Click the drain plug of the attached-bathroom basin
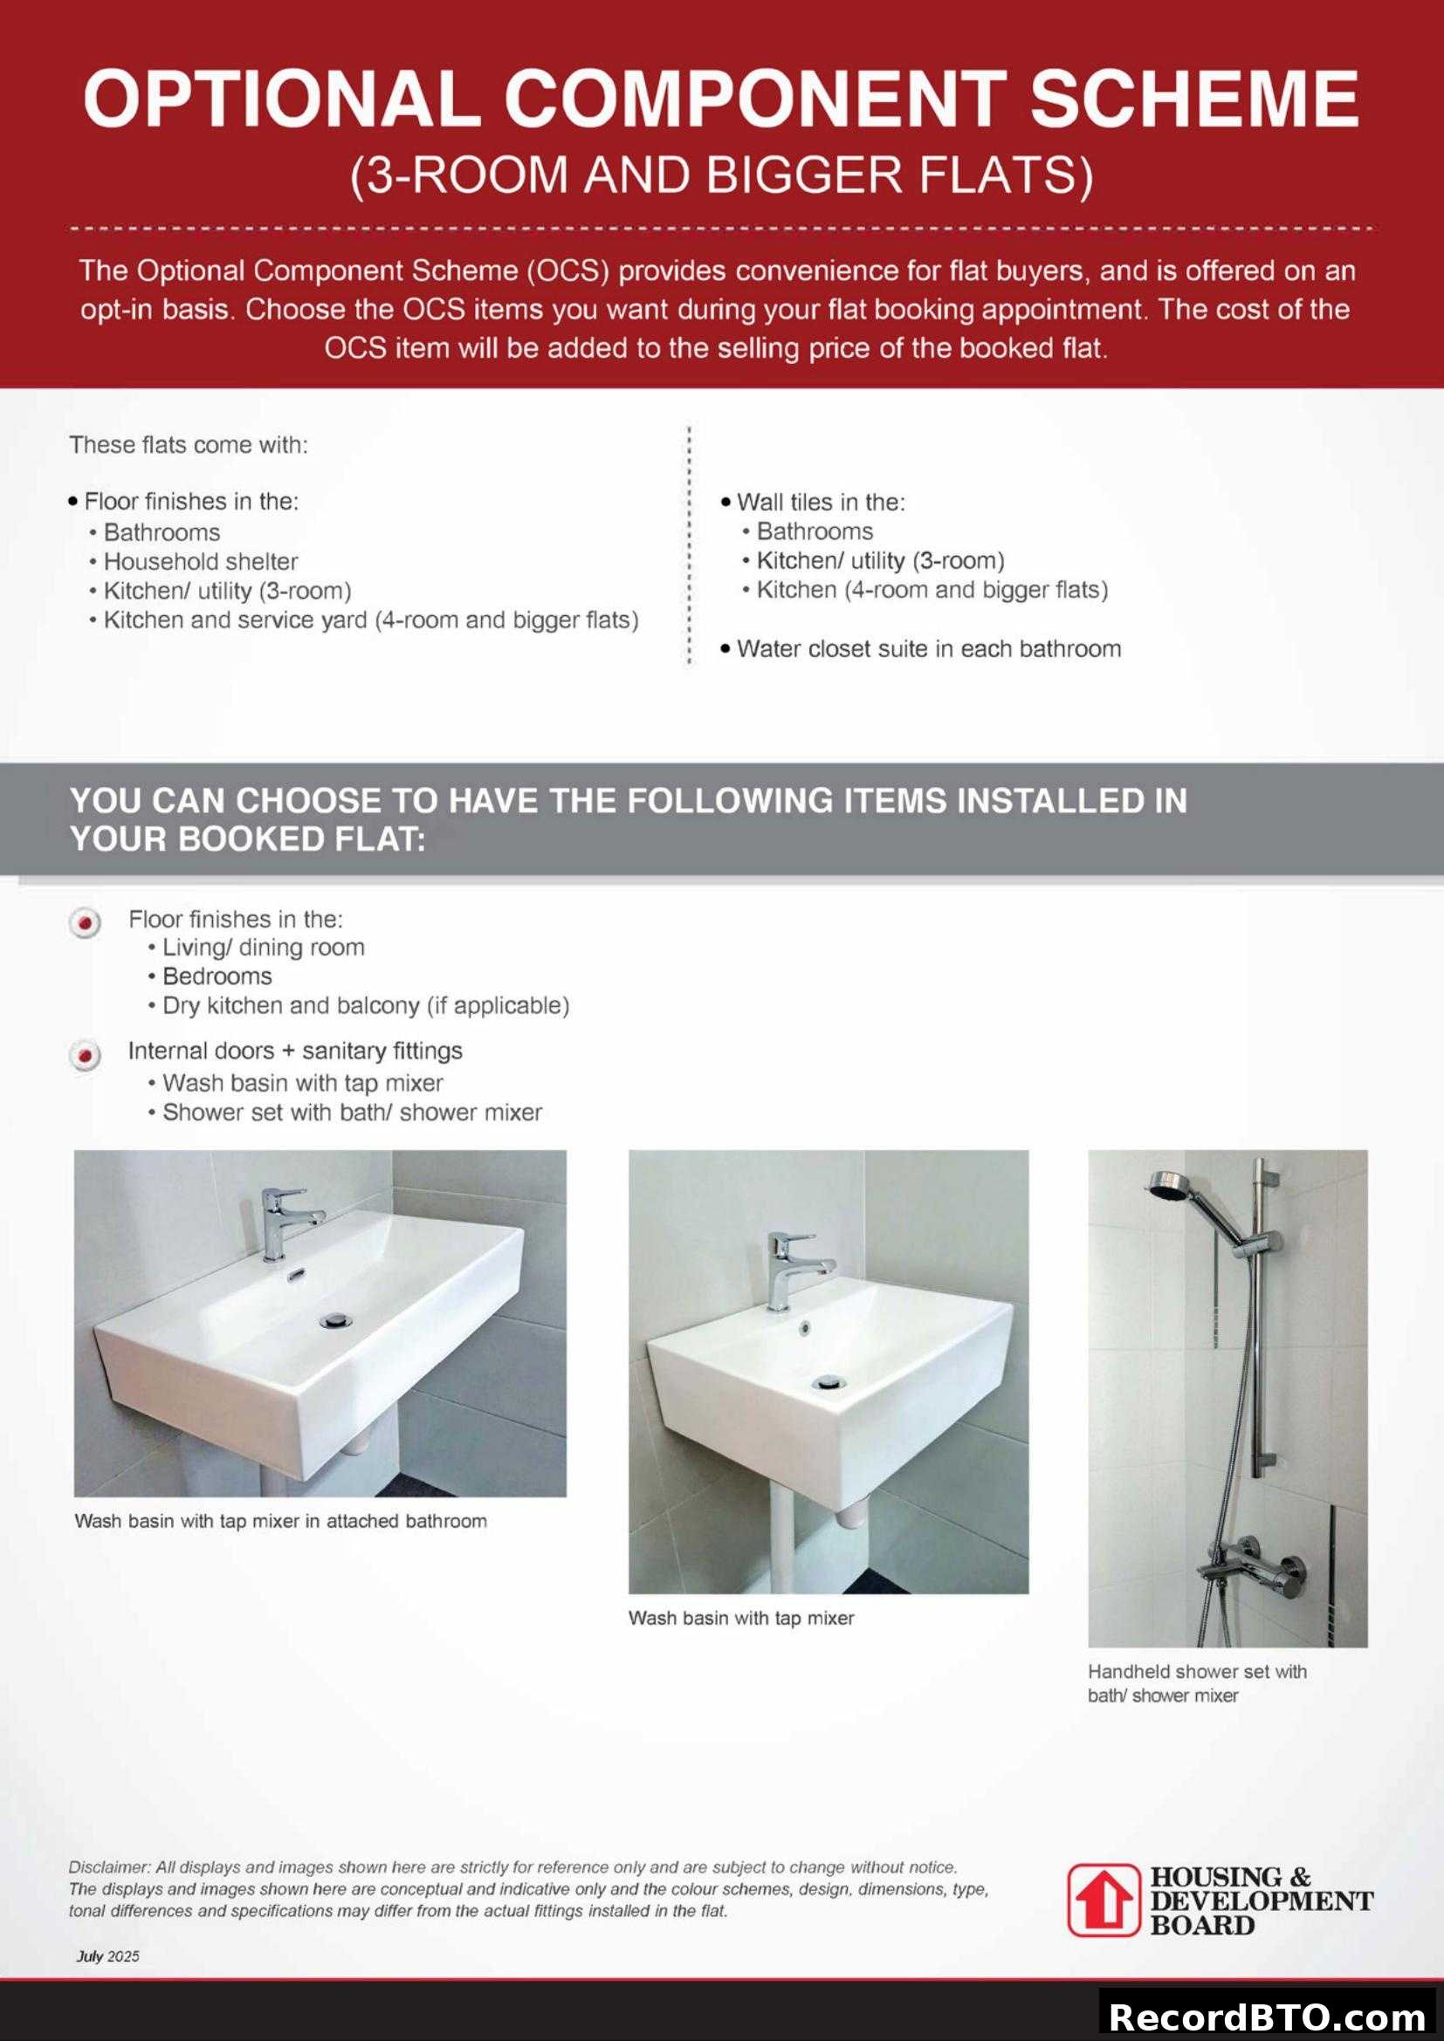[335, 1322]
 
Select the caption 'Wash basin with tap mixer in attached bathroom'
[280, 1521]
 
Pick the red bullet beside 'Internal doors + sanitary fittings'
[86, 1056]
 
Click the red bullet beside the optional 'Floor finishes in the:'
[86, 923]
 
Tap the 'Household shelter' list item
[200, 562]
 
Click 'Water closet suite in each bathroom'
[928, 649]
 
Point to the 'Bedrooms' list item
[217, 976]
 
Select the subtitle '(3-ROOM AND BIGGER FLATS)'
[721, 175]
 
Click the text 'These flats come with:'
[189, 444]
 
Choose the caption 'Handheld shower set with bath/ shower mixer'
[1197, 1682]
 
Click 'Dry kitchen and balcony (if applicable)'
[366, 1005]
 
